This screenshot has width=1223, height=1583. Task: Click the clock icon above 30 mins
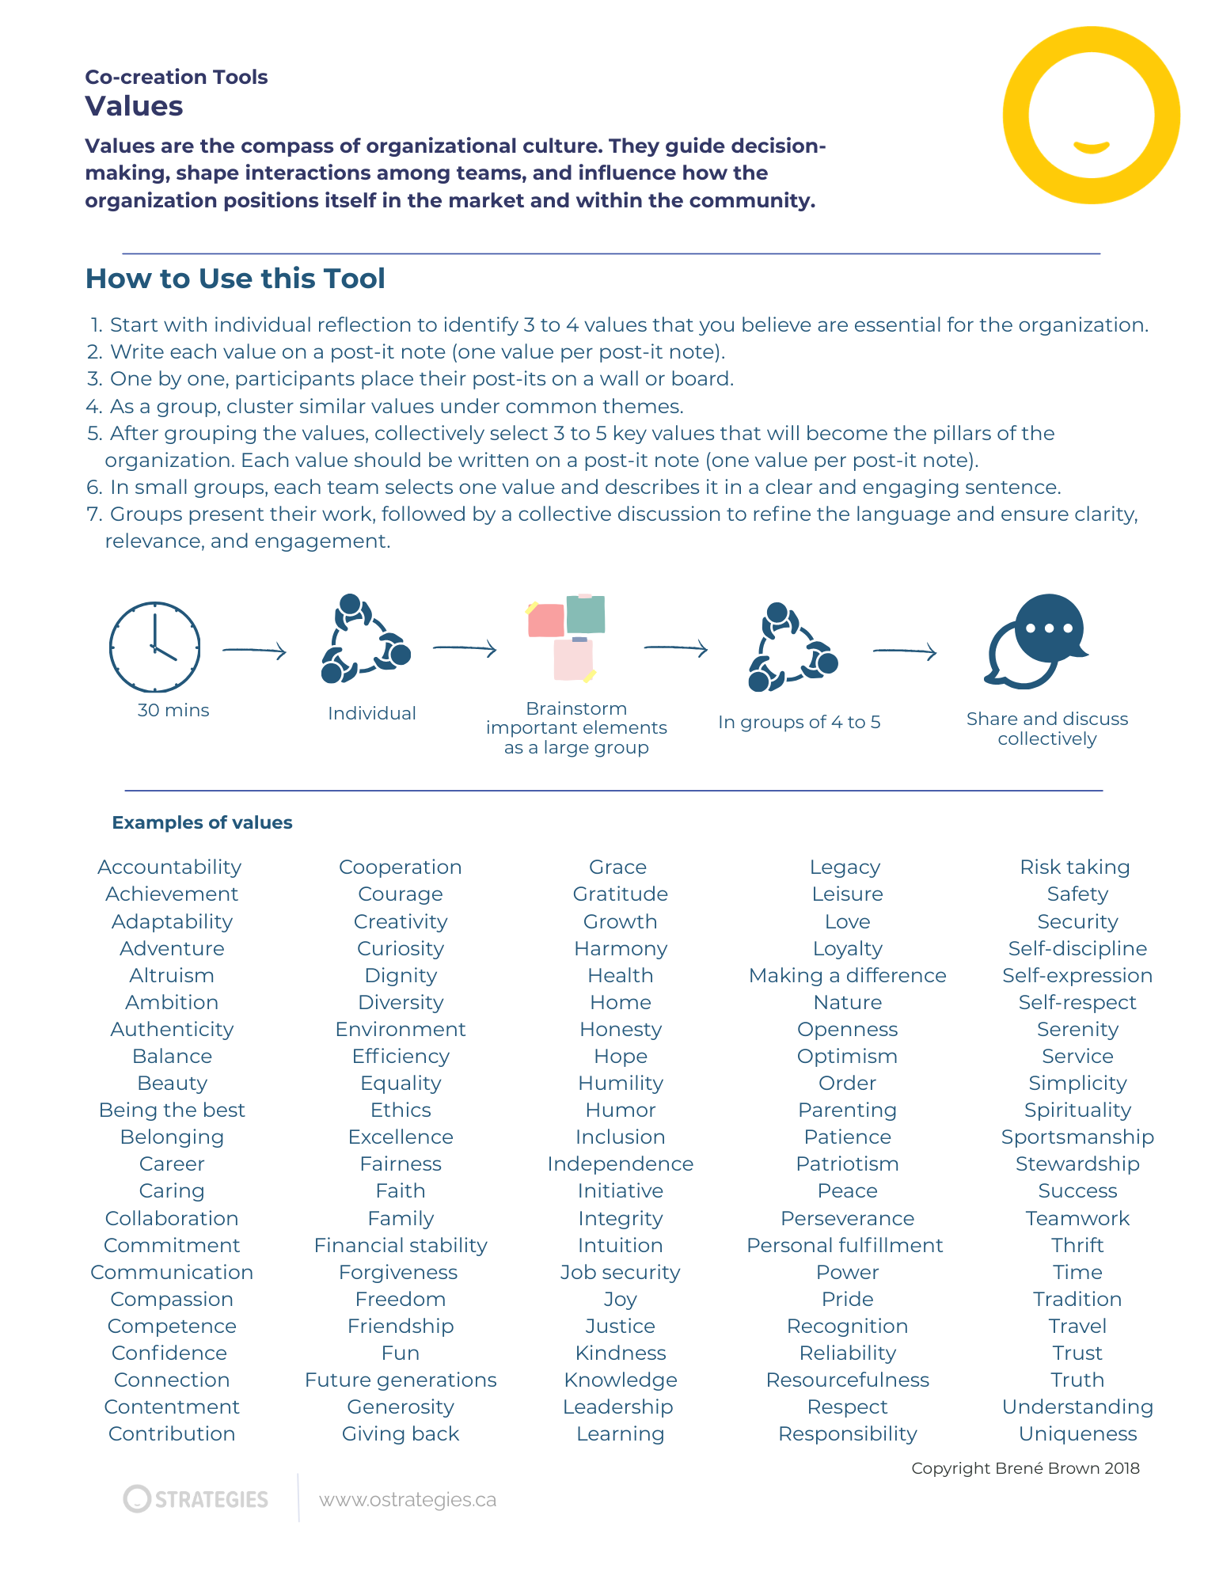pyautogui.click(x=154, y=647)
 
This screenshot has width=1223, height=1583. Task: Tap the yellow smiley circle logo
pyautogui.click(x=1091, y=116)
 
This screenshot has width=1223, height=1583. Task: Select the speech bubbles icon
pyautogui.click(x=1036, y=640)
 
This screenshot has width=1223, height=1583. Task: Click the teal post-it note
pyautogui.click(x=586, y=614)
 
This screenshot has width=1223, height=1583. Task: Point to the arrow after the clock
pyautogui.click(x=254, y=651)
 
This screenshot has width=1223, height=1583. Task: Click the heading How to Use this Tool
pyautogui.click(x=235, y=279)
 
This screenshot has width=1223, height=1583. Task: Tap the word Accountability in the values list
pyautogui.click(x=169, y=867)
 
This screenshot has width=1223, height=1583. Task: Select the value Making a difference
pyautogui.click(x=847, y=975)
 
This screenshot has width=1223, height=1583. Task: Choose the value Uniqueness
pyautogui.click(x=1077, y=1433)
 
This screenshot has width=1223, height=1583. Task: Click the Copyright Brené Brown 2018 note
pyautogui.click(x=1025, y=1468)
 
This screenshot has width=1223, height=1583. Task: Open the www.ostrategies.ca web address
pyautogui.click(x=408, y=1500)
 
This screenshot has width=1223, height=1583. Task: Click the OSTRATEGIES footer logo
pyautogui.click(x=196, y=1499)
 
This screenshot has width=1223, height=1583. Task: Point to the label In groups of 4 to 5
pyautogui.click(x=799, y=722)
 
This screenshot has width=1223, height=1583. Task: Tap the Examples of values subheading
pyautogui.click(x=202, y=822)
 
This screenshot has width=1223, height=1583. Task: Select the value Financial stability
pyautogui.click(x=401, y=1245)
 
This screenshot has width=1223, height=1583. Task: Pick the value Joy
pyautogui.click(x=620, y=1299)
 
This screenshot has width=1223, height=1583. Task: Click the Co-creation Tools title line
pyautogui.click(x=177, y=77)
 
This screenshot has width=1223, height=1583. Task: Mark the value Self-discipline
pyautogui.click(x=1077, y=948)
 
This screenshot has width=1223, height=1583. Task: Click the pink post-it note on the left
pyautogui.click(x=546, y=620)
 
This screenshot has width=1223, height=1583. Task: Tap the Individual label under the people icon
pyautogui.click(x=371, y=713)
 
